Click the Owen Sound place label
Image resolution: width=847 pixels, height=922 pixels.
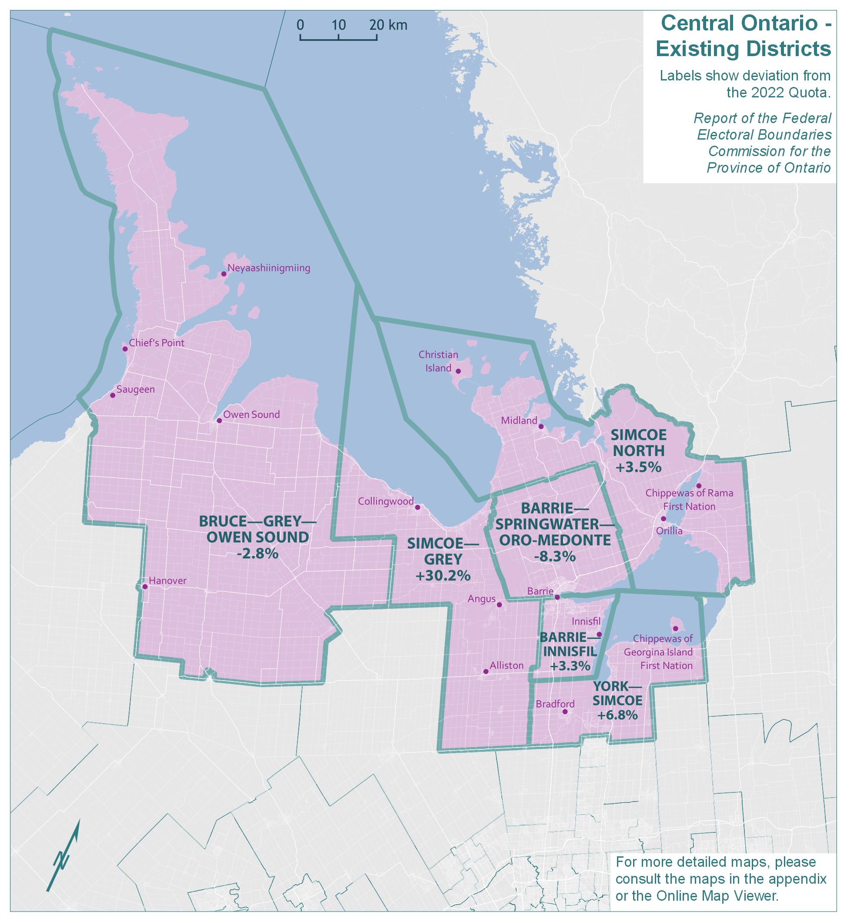coord(251,414)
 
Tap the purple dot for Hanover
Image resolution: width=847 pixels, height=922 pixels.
coord(145,586)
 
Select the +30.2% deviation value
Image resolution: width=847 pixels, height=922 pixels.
coord(443,575)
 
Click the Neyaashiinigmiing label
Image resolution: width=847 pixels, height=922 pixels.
coord(269,268)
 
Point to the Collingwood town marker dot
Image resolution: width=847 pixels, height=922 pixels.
coord(417,508)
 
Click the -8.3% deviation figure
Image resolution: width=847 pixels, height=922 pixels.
coord(554,557)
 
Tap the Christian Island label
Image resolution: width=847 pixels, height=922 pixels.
coord(438,361)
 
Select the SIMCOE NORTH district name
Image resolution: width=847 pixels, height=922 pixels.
coord(638,443)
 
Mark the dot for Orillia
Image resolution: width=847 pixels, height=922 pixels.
coord(663,518)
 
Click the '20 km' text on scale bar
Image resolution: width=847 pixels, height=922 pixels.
coord(388,25)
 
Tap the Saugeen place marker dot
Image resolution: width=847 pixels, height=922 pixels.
coord(113,395)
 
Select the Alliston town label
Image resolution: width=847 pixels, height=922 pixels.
coord(507,665)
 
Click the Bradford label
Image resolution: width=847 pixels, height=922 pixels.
coord(555,704)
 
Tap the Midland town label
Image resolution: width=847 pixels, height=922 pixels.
coord(519,421)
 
